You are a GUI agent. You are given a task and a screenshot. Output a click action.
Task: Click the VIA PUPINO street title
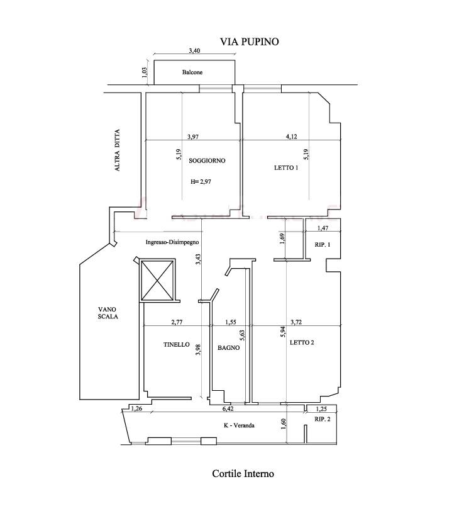pyautogui.click(x=250, y=42)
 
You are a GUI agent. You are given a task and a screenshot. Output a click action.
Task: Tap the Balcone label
pyautogui.click(x=192, y=72)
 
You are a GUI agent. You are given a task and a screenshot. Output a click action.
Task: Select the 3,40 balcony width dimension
pyautogui.click(x=194, y=50)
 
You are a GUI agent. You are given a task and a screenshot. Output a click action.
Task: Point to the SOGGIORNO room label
pyautogui.click(x=207, y=160)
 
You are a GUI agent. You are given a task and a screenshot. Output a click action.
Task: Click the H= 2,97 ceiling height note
pyautogui.click(x=201, y=181)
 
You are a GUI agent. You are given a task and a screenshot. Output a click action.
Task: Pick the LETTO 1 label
pyautogui.click(x=286, y=168)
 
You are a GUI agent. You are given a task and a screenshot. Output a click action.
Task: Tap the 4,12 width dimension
pyautogui.click(x=292, y=137)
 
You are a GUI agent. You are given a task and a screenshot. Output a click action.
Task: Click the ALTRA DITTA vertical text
pyautogui.click(x=117, y=150)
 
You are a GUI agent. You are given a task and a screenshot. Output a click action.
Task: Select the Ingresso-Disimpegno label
pyautogui.click(x=172, y=242)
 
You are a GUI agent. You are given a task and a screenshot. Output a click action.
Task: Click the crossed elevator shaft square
pyautogui.click(x=158, y=280)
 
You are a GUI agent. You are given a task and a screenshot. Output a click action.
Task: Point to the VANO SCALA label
pyautogui.click(x=108, y=313)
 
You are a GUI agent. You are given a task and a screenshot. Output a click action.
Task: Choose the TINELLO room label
pyautogui.click(x=177, y=344)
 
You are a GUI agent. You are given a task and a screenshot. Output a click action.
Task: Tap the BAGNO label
pyautogui.click(x=229, y=348)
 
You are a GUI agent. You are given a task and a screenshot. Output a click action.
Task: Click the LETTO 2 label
pyautogui.click(x=302, y=342)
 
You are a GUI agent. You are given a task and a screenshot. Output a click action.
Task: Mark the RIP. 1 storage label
pyautogui.click(x=323, y=244)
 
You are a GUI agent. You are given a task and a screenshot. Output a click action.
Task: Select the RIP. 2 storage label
pyautogui.click(x=323, y=419)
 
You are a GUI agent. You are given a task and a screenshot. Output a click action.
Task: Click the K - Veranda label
pyautogui.click(x=239, y=425)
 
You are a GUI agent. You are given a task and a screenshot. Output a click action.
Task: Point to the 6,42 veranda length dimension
pyautogui.click(x=228, y=408)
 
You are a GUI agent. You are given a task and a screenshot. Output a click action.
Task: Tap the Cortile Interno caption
pyautogui.click(x=243, y=473)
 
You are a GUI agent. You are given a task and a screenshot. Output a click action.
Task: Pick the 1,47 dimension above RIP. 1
pyautogui.click(x=323, y=228)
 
